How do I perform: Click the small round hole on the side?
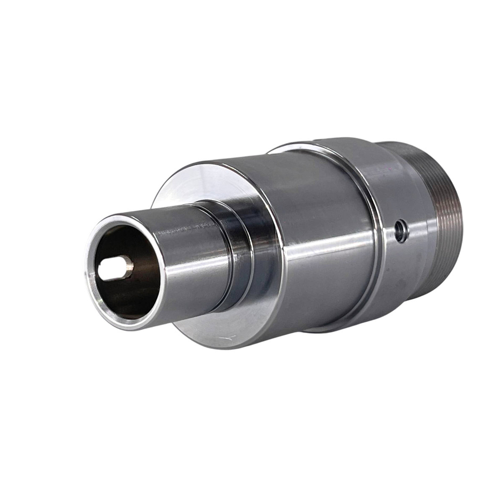pos(401,231)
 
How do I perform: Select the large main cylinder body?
pos(323,227)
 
